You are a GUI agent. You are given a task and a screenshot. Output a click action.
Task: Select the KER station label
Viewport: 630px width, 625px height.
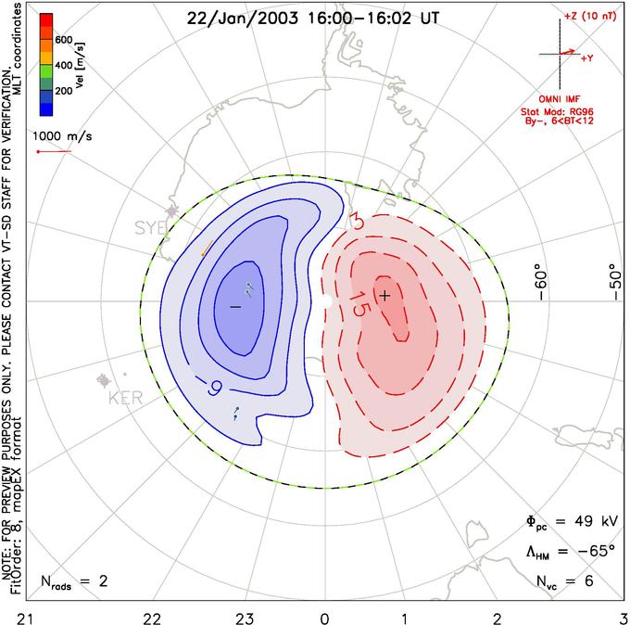coord(127,398)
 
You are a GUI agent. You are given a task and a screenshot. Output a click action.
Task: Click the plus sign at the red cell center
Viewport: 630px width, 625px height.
coord(385,294)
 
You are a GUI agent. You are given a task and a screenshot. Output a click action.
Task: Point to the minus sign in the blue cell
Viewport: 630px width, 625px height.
coord(235,305)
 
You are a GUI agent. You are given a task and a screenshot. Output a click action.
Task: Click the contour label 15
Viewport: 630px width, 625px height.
coord(361,303)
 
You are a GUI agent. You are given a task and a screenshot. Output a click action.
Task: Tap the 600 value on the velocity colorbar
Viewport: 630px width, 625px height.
coord(63,40)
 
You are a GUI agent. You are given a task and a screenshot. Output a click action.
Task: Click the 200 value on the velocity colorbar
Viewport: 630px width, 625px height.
coord(63,93)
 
